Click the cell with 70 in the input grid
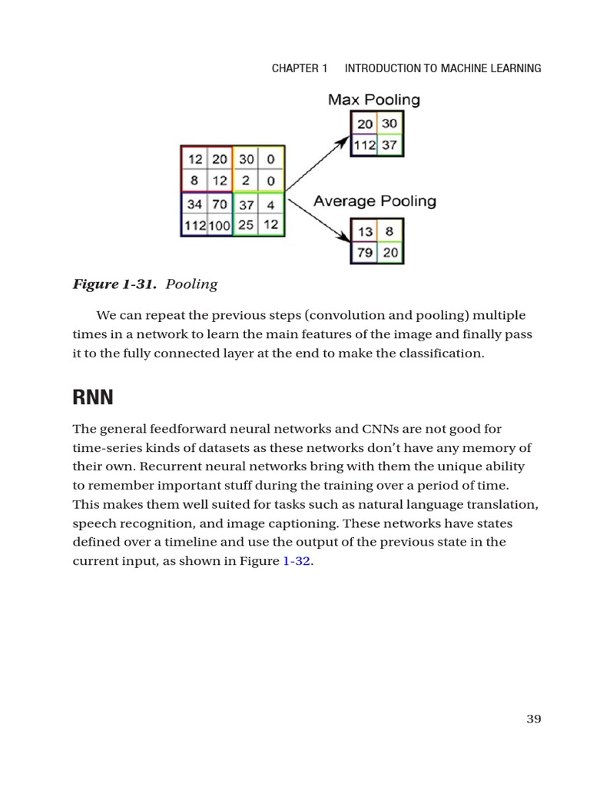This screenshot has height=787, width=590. (x=220, y=205)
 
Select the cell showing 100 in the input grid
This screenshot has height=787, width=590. (x=219, y=225)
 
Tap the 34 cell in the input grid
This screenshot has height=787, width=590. (x=194, y=205)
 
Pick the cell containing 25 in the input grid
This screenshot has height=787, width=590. (x=246, y=225)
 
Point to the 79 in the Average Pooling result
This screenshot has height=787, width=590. (x=365, y=253)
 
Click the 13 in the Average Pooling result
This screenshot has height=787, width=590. (x=365, y=231)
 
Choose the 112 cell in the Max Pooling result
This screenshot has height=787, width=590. (x=364, y=144)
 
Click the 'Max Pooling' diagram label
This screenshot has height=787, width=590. (x=374, y=100)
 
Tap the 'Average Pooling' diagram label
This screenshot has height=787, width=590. (x=375, y=201)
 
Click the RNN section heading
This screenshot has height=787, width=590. (x=93, y=397)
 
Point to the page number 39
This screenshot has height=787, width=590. (x=534, y=719)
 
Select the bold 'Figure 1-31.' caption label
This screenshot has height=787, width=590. (x=115, y=284)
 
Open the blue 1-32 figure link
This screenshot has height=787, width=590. (x=297, y=561)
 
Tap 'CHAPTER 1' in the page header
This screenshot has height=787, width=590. (x=300, y=68)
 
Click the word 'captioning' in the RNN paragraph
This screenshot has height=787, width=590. (x=305, y=523)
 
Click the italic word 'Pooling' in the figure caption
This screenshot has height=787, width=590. (x=191, y=284)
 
